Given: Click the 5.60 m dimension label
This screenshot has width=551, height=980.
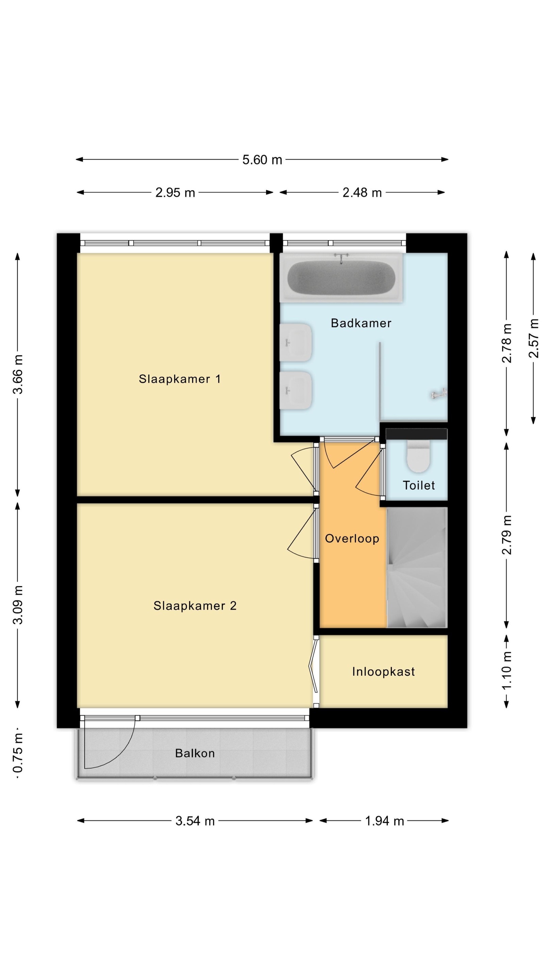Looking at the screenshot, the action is [262, 160].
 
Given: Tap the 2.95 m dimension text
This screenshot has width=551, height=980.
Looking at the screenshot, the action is [175, 193].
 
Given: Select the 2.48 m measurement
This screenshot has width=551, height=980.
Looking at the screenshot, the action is [362, 193].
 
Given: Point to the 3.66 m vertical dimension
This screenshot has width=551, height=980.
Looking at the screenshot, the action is [18, 374].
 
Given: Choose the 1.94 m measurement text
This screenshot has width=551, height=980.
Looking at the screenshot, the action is [384, 821].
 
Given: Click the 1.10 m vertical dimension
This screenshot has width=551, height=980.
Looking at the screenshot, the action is [506, 670].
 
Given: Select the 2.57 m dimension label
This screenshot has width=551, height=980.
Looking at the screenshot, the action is [534, 338].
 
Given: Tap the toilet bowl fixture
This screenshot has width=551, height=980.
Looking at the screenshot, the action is [418, 456].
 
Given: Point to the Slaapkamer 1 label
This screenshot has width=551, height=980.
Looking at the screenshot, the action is [180, 379].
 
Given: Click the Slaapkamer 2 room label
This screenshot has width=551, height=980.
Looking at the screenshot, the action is [195, 606].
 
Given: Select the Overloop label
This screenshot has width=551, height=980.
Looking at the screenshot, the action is [352, 538].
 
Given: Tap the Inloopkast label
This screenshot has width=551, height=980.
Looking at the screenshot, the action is [383, 671].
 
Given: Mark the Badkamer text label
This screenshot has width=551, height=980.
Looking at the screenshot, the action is [361, 323].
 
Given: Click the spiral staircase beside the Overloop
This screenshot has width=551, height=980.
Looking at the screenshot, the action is [417, 567].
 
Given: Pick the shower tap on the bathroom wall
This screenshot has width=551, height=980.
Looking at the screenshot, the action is [439, 394].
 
